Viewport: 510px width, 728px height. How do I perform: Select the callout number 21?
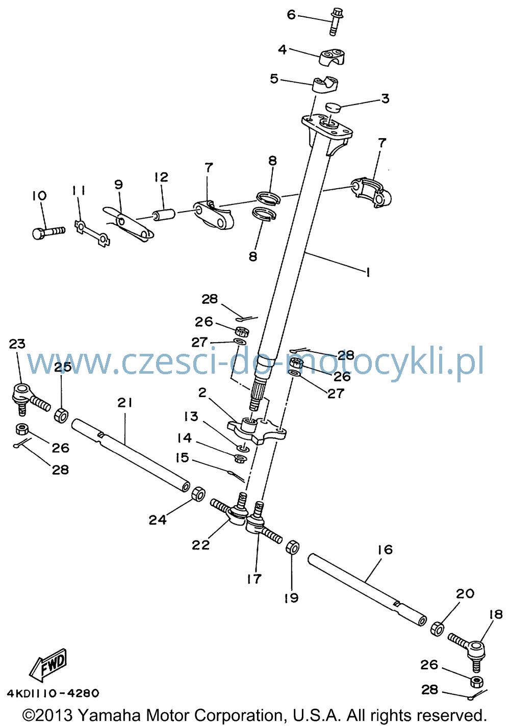[125, 403]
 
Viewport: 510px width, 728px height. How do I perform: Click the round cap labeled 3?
[333, 108]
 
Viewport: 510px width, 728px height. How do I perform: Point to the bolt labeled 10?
[48, 232]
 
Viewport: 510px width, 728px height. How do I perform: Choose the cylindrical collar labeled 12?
[164, 215]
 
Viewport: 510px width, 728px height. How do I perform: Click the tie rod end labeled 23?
[29, 398]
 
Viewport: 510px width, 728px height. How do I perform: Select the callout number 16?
[386, 550]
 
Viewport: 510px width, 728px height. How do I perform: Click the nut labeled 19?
[292, 548]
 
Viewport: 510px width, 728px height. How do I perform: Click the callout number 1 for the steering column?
[368, 272]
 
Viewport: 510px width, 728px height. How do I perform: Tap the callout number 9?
[119, 185]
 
